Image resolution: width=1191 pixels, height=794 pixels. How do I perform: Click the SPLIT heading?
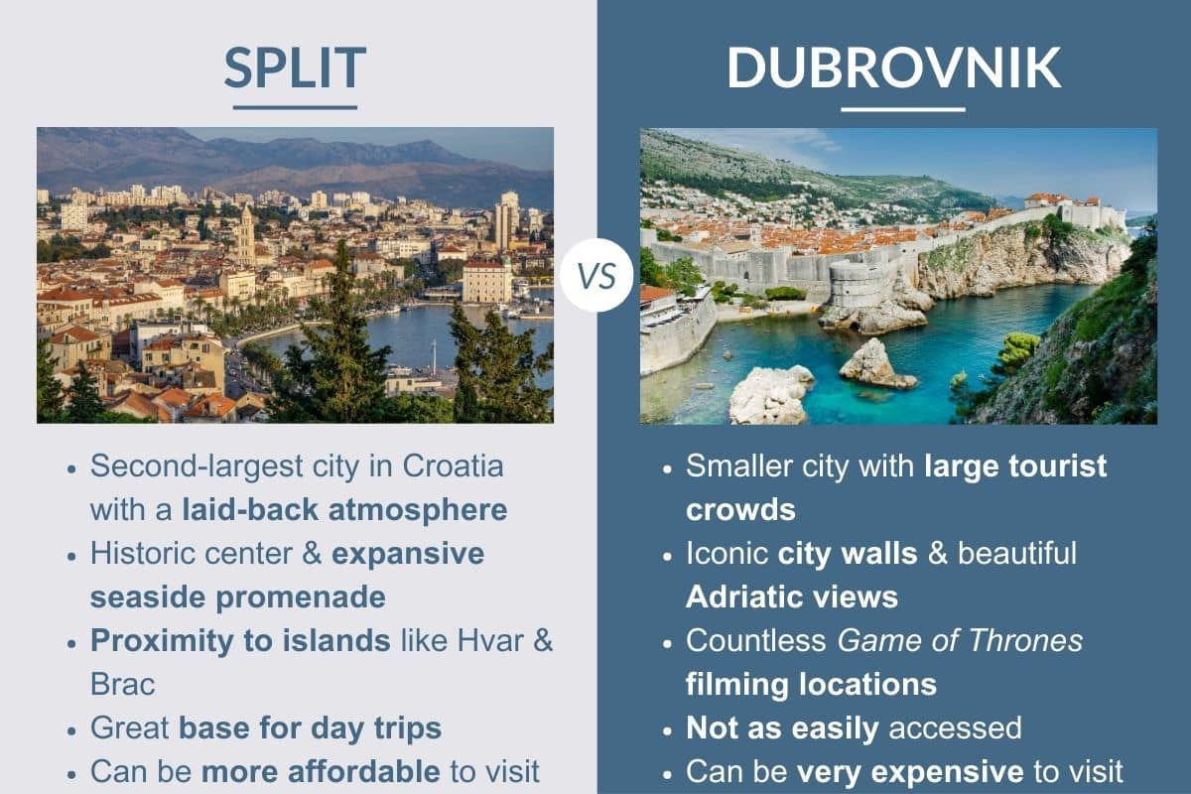pyautogui.click(x=295, y=67)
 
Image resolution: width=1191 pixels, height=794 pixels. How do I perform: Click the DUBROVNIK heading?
pyautogui.click(x=894, y=67)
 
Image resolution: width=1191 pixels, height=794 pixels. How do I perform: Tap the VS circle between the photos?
pyautogui.click(x=595, y=275)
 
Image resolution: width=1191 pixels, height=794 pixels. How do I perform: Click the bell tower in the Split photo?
pyautogui.click(x=245, y=235)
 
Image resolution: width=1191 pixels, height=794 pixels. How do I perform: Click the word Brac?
pyautogui.click(x=123, y=684)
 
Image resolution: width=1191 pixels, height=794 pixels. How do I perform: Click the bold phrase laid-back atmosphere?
pyautogui.click(x=344, y=509)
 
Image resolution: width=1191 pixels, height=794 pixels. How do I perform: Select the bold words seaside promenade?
pyautogui.click(x=237, y=596)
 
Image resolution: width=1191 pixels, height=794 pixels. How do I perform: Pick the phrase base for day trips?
pyautogui.click(x=310, y=728)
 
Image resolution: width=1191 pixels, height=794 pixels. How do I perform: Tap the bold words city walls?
pyautogui.click(x=848, y=553)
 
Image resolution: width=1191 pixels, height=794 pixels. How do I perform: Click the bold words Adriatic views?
pyautogui.click(x=791, y=596)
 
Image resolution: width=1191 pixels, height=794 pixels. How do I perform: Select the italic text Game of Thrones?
pyautogui.click(x=960, y=640)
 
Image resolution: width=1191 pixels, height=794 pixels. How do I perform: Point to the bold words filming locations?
pyautogui.click(x=811, y=684)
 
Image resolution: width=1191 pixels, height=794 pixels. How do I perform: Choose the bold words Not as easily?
pyautogui.click(x=782, y=728)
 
